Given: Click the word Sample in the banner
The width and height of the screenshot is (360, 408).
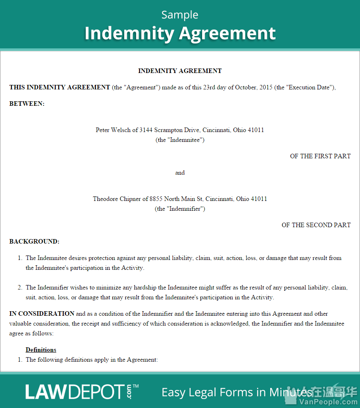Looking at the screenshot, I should pos(180,15).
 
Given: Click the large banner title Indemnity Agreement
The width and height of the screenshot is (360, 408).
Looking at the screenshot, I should pos(180,33).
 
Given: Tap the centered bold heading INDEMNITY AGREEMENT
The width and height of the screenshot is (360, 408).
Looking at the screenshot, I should pos(180,71).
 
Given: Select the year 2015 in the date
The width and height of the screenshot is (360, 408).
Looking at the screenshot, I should pos(264,87).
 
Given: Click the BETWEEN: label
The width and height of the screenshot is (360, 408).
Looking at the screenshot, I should pos(27,104).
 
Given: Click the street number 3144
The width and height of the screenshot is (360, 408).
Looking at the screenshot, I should pos(146,130).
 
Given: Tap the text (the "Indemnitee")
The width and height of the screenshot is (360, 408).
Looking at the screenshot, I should pos(180,140).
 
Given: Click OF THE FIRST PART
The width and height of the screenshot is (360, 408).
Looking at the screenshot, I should pos(320,156).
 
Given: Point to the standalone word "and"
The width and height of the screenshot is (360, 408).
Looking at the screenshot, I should pos(180,173).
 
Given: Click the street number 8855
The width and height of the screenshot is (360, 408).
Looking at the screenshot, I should pos(156,199).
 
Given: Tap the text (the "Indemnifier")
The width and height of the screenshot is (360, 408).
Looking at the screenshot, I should pos(180,209).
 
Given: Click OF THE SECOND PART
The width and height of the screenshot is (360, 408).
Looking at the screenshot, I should pos(316,225).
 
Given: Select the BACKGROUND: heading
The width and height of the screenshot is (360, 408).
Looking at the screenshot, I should pos(34,242).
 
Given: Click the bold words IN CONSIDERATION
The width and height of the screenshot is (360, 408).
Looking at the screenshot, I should pos(42,314).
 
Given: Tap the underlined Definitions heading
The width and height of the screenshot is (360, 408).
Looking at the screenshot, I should pos(41,350).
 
